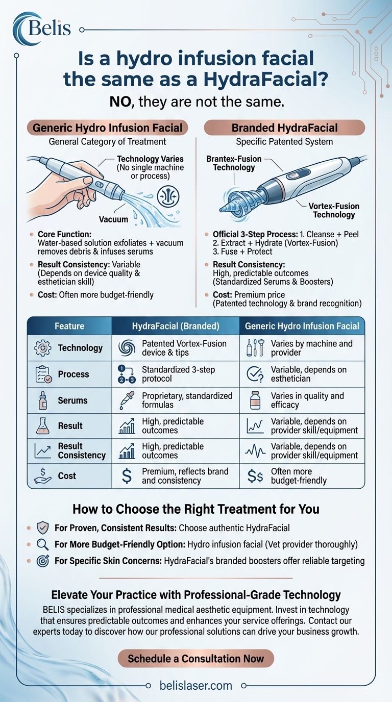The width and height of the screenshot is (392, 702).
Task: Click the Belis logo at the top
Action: coord(43,28)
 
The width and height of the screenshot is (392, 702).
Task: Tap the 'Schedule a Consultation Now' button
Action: coord(196,658)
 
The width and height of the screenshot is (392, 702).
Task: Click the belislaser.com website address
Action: coord(196,686)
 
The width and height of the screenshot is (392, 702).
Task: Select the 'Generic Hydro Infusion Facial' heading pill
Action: coord(107,128)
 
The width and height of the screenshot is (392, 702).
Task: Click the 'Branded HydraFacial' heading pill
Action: coord(284,128)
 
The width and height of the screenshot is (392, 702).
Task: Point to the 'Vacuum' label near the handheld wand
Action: coord(114,219)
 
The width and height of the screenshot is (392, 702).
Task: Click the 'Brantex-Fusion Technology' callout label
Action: coord(234,163)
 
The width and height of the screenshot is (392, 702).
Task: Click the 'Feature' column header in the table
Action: coord(69,325)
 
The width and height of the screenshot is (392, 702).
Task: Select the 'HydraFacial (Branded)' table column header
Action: coord(175,325)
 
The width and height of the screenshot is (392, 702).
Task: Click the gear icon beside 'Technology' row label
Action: coord(42,348)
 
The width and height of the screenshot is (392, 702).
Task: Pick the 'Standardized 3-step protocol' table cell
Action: coord(178,374)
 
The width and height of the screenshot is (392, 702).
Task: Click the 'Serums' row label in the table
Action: coord(72,400)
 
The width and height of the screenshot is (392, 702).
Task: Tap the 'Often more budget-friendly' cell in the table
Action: coord(299,475)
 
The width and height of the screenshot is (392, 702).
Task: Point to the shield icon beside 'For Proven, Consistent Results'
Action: coord(43,528)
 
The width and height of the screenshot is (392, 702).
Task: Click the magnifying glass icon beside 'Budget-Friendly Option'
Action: coord(43,544)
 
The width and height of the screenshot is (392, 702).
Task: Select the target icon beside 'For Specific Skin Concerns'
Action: coord(43,561)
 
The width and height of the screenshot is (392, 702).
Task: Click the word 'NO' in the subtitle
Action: coord(121,102)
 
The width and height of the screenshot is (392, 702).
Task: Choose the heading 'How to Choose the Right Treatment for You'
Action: coord(196,509)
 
